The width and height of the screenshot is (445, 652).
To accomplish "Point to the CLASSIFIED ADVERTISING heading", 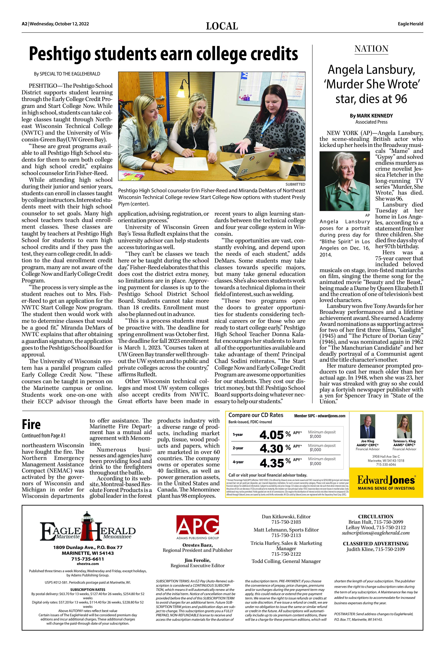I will click(x=376, y=543).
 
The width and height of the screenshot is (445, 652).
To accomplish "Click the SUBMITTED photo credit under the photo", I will click(x=295, y=184).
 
